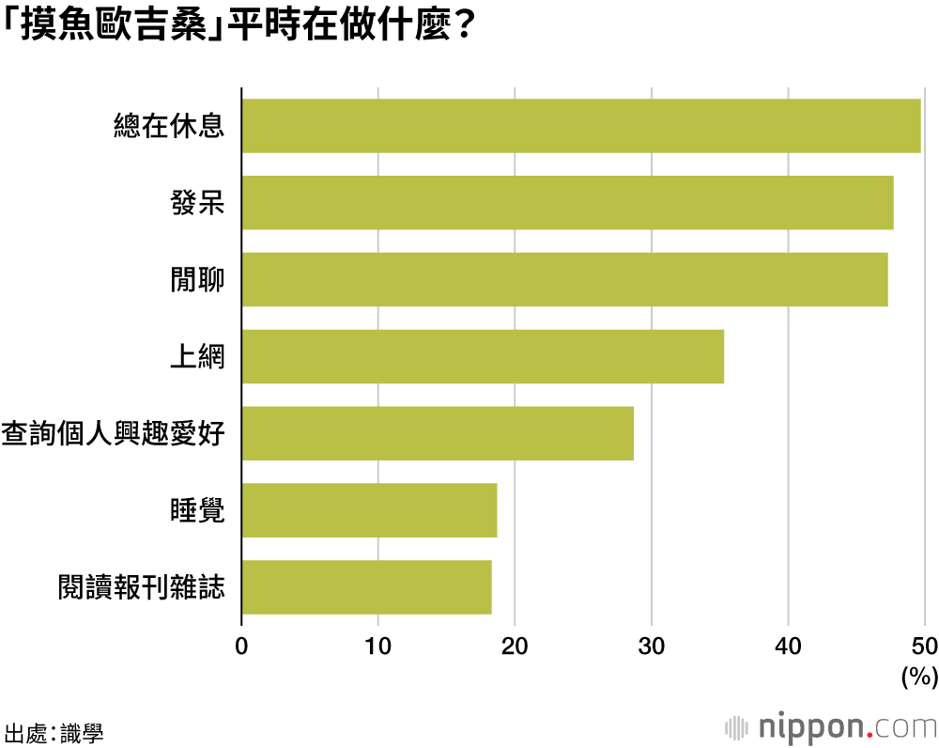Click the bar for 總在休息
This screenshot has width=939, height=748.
point(580,125)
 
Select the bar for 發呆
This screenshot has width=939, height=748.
point(567,202)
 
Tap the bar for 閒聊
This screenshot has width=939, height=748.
point(564,279)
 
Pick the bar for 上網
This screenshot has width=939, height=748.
point(483,356)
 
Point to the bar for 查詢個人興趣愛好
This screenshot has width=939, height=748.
point(438,433)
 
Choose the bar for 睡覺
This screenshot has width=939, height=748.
point(369,510)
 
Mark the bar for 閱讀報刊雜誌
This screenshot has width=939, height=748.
point(366,587)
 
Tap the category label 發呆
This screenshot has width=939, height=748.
point(197,203)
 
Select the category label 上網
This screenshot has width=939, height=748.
point(197,357)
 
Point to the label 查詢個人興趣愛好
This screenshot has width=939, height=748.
point(114,434)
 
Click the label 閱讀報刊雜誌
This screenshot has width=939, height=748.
point(141,588)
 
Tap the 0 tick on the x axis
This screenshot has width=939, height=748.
point(241,647)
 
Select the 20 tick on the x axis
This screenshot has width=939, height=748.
point(515,647)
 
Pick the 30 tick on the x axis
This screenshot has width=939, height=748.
point(652,647)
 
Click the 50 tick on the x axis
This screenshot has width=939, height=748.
point(924,647)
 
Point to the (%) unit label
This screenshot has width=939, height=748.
point(919,677)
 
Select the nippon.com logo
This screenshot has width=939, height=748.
point(830,726)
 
